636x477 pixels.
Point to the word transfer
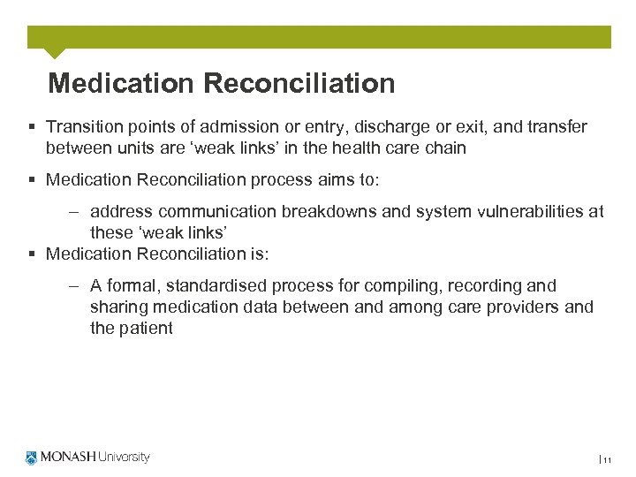[x=558, y=127]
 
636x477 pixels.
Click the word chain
[x=445, y=148]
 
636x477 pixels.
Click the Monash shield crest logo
[x=32, y=458]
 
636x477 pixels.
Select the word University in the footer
[x=123, y=458]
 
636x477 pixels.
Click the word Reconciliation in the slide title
[x=299, y=84]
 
